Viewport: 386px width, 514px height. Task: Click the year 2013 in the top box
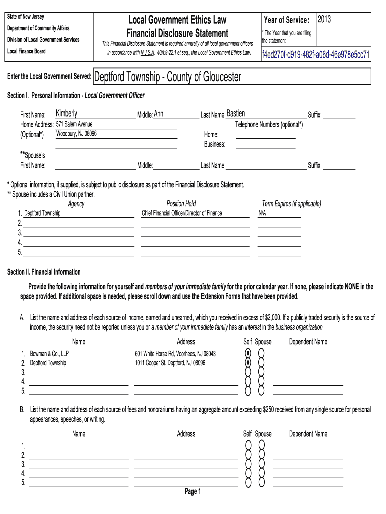(324, 20)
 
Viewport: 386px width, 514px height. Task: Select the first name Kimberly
(66, 114)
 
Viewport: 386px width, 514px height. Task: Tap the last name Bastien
(236, 114)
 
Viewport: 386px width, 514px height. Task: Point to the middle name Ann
(158, 114)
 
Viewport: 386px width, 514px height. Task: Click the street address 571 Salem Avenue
(74, 124)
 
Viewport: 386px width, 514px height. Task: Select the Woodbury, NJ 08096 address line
(76, 134)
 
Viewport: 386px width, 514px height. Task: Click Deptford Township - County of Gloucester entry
(167, 77)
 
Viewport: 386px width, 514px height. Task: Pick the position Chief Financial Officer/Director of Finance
(182, 213)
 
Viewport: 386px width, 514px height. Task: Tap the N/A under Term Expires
(262, 213)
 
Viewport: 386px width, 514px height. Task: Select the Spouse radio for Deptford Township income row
(261, 363)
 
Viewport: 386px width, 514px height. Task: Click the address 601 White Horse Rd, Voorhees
(175, 353)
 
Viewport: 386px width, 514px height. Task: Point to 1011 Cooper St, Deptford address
(170, 363)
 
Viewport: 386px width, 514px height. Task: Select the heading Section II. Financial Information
(44, 272)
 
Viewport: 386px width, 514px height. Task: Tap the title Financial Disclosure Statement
(177, 34)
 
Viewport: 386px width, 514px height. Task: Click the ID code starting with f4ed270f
(316, 54)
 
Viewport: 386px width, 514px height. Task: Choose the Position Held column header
(181, 204)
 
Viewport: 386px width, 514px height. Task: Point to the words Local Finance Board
(26, 51)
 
